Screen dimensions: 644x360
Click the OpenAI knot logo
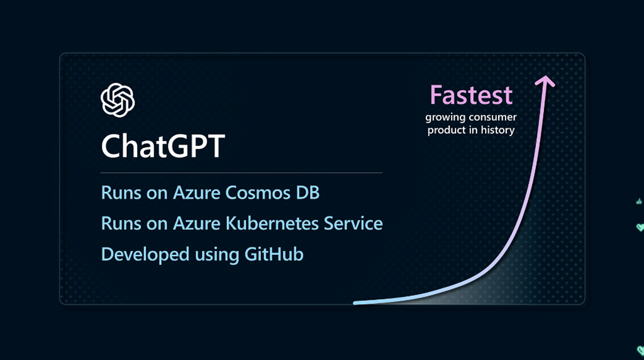[x=118, y=100]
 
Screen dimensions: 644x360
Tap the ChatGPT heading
[x=163, y=146]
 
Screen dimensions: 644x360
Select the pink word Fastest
[x=471, y=95]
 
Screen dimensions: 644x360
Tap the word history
[x=498, y=130]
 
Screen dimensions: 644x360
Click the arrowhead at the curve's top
[x=545, y=81]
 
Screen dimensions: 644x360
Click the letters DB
[x=308, y=193]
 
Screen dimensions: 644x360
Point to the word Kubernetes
[x=272, y=223]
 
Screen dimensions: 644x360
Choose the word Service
[x=353, y=223]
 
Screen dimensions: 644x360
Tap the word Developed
[x=145, y=255]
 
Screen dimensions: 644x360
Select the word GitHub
[x=274, y=254]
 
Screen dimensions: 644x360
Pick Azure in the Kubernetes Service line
[x=197, y=223]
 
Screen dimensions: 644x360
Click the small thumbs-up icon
[x=639, y=201]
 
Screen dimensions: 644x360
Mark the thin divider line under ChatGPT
[x=241, y=173]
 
